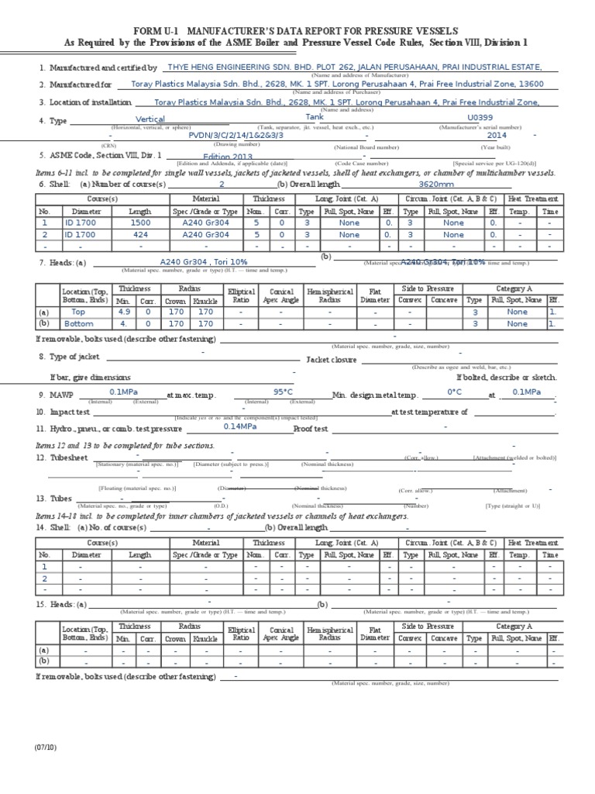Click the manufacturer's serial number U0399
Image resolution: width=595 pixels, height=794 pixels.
pyautogui.click(x=480, y=117)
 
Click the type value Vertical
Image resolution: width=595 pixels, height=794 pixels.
pyautogui.click(x=151, y=119)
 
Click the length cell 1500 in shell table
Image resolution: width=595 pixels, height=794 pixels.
pyautogui.click(x=140, y=222)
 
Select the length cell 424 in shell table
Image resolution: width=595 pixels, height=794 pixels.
pyautogui.click(x=140, y=234)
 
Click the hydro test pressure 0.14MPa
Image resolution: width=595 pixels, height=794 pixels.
pyautogui.click(x=240, y=426)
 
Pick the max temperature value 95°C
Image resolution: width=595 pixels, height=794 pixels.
pyautogui.click(x=284, y=392)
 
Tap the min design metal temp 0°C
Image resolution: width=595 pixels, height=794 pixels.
pyautogui.click(x=454, y=392)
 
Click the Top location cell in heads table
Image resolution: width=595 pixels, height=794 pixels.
pyautogui.click(x=78, y=311)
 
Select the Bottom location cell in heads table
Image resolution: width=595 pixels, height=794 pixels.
pyautogui.click(x=78, y=324)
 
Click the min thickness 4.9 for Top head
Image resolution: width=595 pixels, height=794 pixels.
pyautogui.click(x=123, y=311)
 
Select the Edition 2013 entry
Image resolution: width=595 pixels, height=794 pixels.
pyautogui.click(x=222, y=156)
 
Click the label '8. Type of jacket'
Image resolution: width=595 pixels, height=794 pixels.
pyautogui.click(x=69, y=357)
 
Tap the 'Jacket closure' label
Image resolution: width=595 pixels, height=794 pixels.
pyautogui.click(x=332, y=360)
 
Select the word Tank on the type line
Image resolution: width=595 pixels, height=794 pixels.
pyautogui.click(x=315, y=116)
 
